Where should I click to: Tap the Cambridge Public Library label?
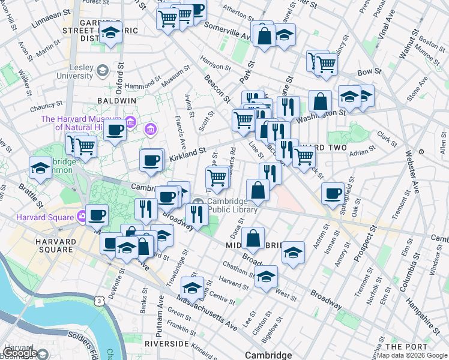click(233, 205)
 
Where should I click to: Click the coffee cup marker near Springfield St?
click(333, 193)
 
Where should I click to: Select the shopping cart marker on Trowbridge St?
click(216, 176)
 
